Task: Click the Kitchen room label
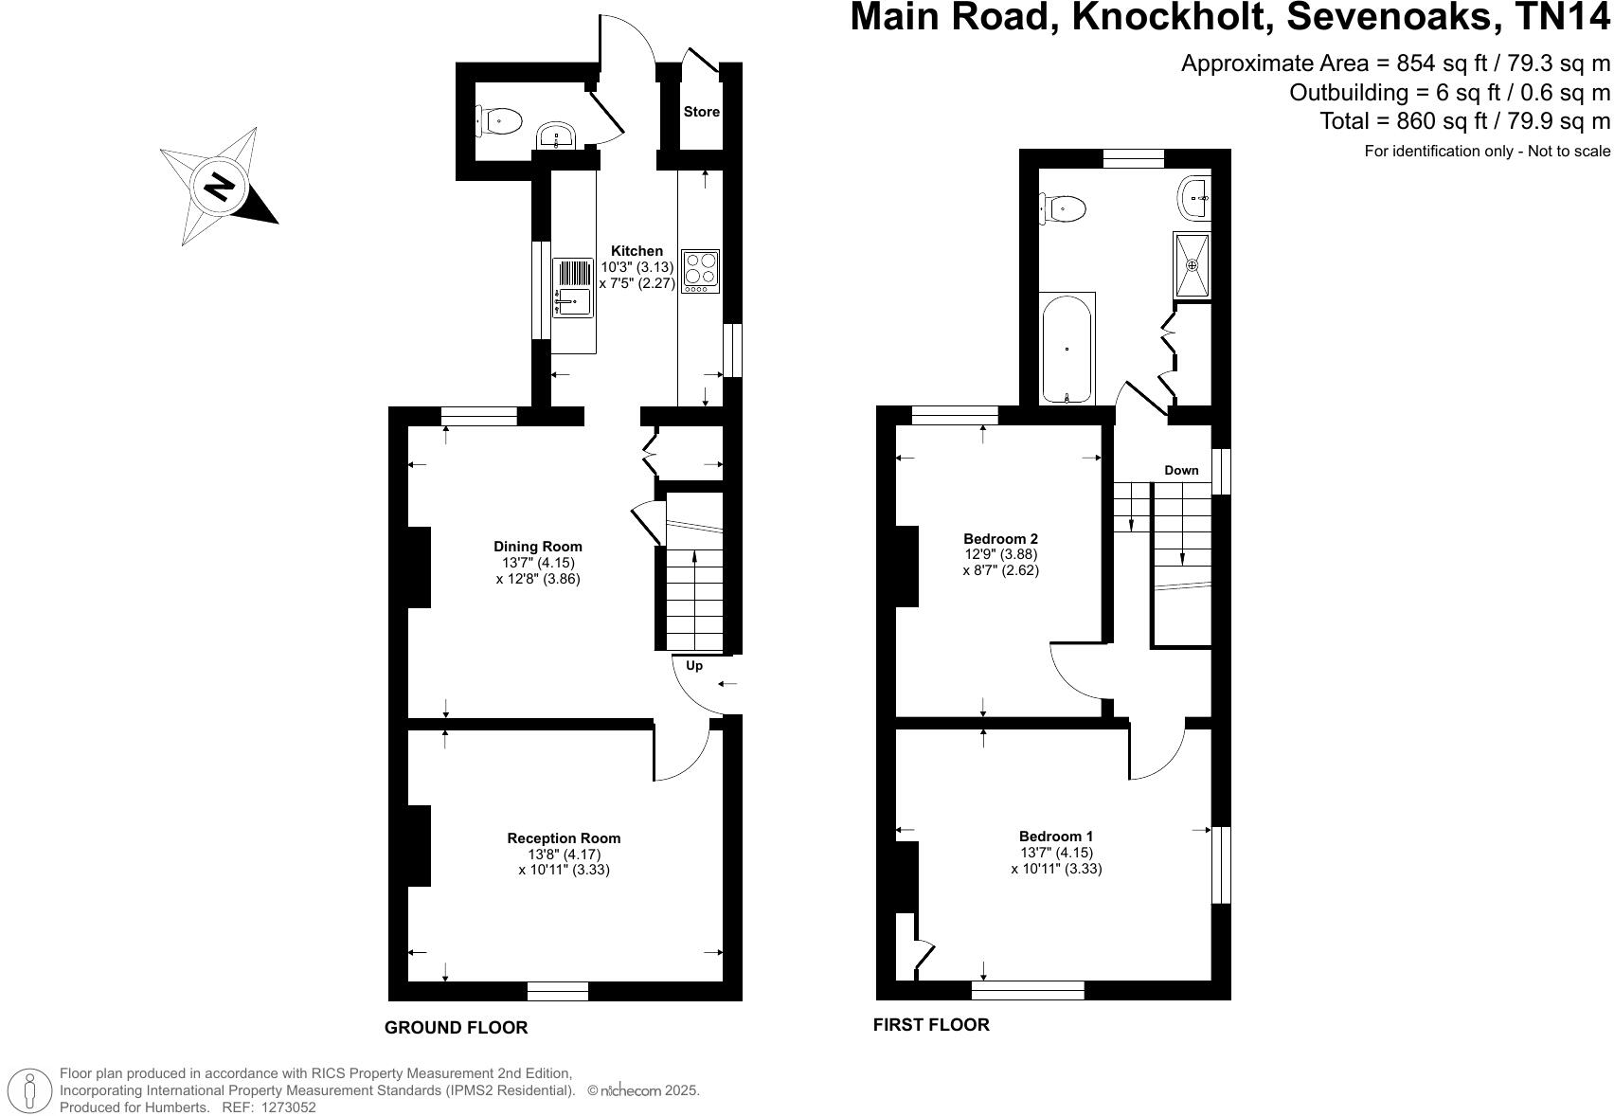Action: pyautogui.click(x=637, y=251)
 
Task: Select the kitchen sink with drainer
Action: pyautogui.click(x=573, y=288)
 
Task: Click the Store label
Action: pyautogui.click(x=702, y=112)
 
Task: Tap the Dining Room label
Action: pyautogui.click(x=538, y=547)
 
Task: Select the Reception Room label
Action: pyautogui.click(x=564, y=838)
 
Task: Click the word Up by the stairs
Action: pyautogui.click(x=694, y=666)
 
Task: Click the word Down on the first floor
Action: pyautogui.click(x=1181, y=471)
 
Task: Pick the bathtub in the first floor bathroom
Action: pyautogui.click(x=1067, y=349)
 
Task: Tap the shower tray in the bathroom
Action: pyautogui.click(x=1193, y=265)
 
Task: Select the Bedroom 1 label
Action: pyautogui.click(x=1056, y=837)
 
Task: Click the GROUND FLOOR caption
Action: pyautogui.click(x=456, y=1028)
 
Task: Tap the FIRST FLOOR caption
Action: pyautogui.click(x=931, y=1025)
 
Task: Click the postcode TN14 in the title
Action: pyautogui.click(x=1563, y=19)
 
